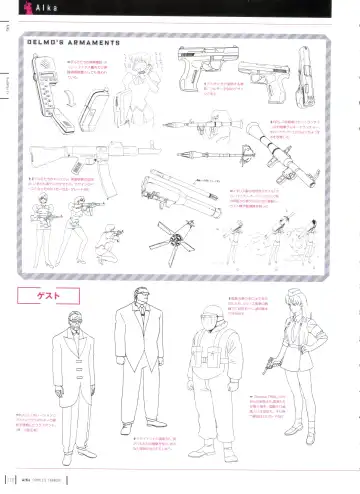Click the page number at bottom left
(11, 486)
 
